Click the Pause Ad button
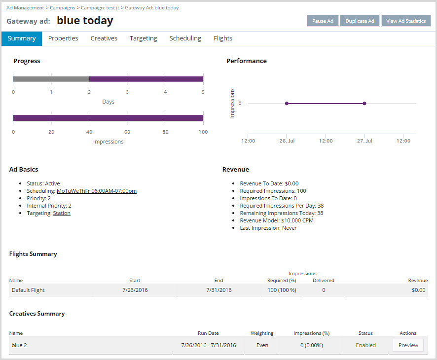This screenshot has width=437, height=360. (x=323, y=21)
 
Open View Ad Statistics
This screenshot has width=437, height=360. (x=406, y=21)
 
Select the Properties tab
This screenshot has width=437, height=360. (x=63, y=38)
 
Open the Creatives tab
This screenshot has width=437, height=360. (x=104, y=38)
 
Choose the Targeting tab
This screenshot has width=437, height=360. (x=143, y=38)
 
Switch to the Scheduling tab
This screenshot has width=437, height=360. (x=185, y=38)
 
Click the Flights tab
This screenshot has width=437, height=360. (x=223, y=38)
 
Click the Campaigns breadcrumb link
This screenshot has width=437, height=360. (x=62, y=8)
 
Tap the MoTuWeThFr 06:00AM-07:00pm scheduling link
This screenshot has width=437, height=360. (x=97, y=191)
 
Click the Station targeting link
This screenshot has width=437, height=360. (x=62, y=214)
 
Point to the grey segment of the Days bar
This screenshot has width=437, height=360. (x=51, y=79)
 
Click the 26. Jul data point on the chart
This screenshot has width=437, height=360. (x=287, y=104)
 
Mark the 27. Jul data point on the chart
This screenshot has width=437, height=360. (x=364, y=104)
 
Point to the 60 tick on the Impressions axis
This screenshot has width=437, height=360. (x=127, y=132)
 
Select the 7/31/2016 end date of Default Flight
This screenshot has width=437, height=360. (x=219, y=290)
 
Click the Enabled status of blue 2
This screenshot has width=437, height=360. (x=366, y=345)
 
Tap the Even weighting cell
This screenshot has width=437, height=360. (x=262, y=345)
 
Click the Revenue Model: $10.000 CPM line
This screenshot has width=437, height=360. (x=276, y=220)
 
